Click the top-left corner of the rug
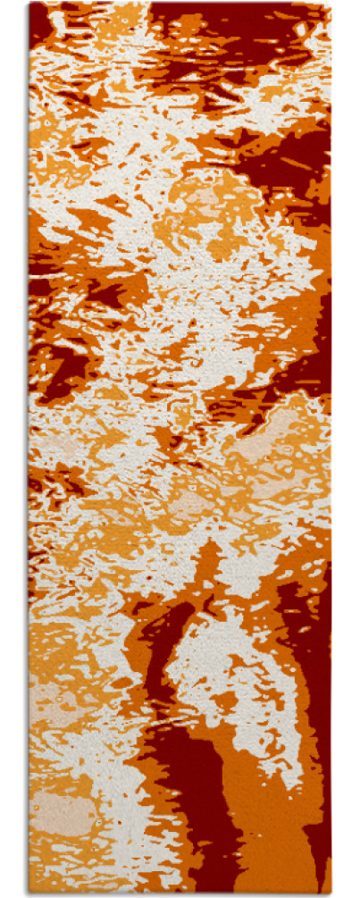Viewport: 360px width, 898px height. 29,3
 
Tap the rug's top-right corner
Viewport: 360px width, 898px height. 330,3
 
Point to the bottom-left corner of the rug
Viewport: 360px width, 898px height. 29,894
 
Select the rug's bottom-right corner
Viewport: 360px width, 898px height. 331,894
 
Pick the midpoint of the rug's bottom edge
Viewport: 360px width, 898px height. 180,894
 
